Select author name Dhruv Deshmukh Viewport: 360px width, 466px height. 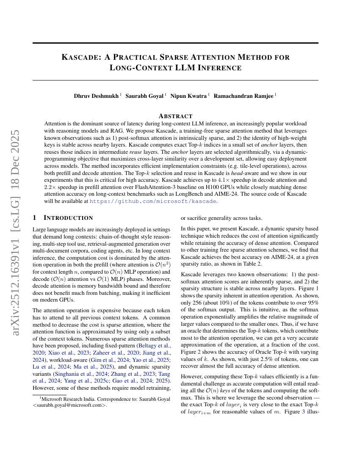click(x=96, y=96)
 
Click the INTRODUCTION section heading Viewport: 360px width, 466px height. click(x=68, y=218)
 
